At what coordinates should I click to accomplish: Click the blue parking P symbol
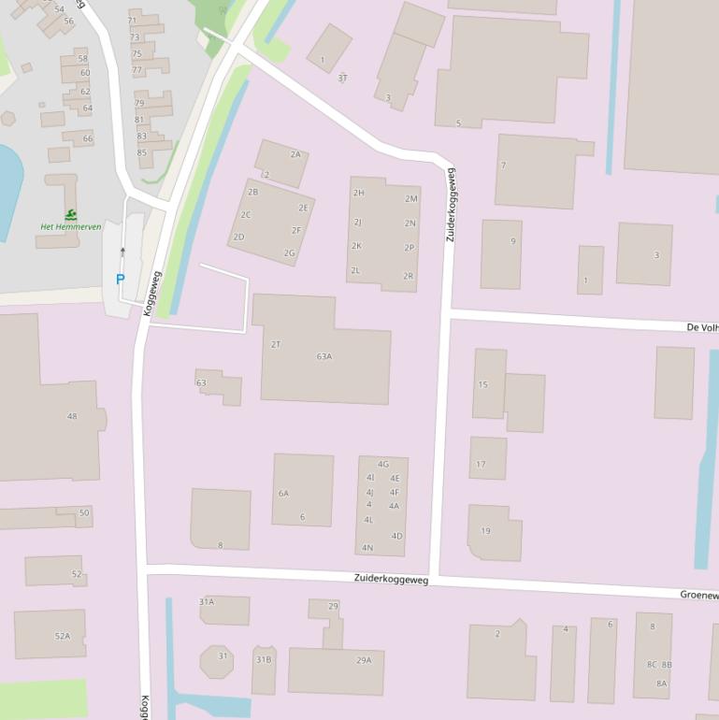coord(120,279)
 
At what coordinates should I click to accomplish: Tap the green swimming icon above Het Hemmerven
coord(71,214)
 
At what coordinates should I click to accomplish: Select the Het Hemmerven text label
coord(70,227)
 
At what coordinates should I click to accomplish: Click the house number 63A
coord(324,356)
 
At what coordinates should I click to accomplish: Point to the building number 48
coord(72,416)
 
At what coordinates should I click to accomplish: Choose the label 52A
coord(62,636)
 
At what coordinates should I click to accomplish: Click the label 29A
coord(364,660)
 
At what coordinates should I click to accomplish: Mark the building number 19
coord(485,531)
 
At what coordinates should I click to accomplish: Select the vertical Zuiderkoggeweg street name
coord(451,205)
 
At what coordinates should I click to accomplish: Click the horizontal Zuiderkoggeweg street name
coord(391,580)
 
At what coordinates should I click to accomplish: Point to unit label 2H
coord(358,193)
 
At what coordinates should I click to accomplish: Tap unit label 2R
coord(409,276)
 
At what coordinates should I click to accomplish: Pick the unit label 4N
coord(367,548)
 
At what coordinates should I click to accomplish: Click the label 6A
coord(283,493)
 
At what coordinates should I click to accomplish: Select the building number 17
coord(481,464)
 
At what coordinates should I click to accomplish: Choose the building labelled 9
coord(512,241)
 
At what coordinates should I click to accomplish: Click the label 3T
coord(342,78)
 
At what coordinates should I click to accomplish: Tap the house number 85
coord(141,152)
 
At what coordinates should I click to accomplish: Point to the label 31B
coord(264,660)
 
